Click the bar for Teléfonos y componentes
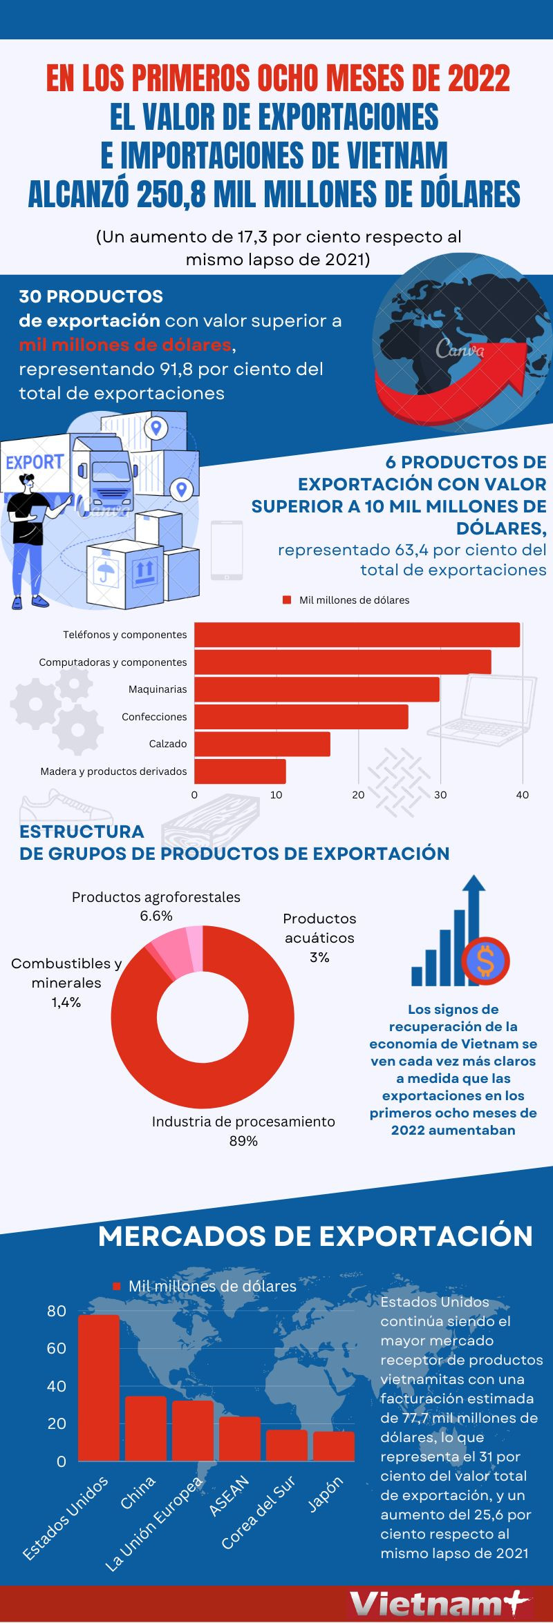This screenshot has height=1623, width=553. (x=357, y=635)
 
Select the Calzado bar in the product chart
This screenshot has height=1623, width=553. (x=262, y=744)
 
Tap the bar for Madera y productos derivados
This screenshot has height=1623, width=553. (x=240, y=771)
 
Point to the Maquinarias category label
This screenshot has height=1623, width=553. (x=158, y=689)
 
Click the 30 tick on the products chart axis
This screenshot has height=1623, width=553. (x=440, y=795)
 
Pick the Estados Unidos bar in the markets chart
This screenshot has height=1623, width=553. (x=98, y=1388)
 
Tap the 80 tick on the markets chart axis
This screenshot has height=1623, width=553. (x=57, y=1311)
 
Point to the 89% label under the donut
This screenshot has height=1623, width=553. (x=243, y=1141)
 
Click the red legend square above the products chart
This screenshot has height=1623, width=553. (x=287, y=600)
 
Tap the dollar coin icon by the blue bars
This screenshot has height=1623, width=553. (x=486, y=961)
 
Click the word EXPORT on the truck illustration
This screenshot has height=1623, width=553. (x=35, y=462)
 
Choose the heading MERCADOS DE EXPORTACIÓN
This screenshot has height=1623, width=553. (x=315, y=1236)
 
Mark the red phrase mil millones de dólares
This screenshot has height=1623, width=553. (x=125, y=345)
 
